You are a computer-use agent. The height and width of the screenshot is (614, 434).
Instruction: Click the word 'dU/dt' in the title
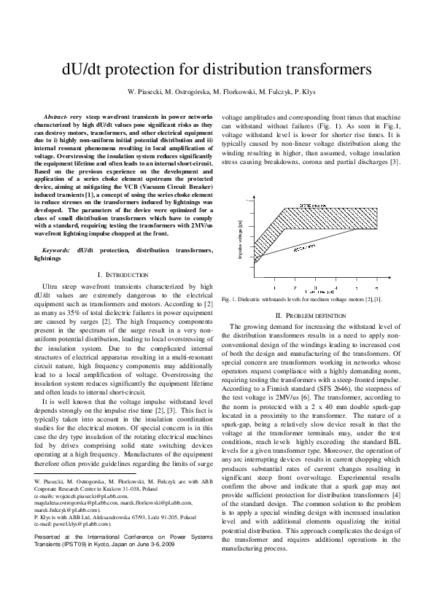(85, 70)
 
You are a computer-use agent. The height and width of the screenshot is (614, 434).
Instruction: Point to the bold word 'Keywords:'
(58, 250)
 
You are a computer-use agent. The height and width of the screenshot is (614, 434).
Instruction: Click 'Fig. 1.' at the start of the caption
(230, 299)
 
